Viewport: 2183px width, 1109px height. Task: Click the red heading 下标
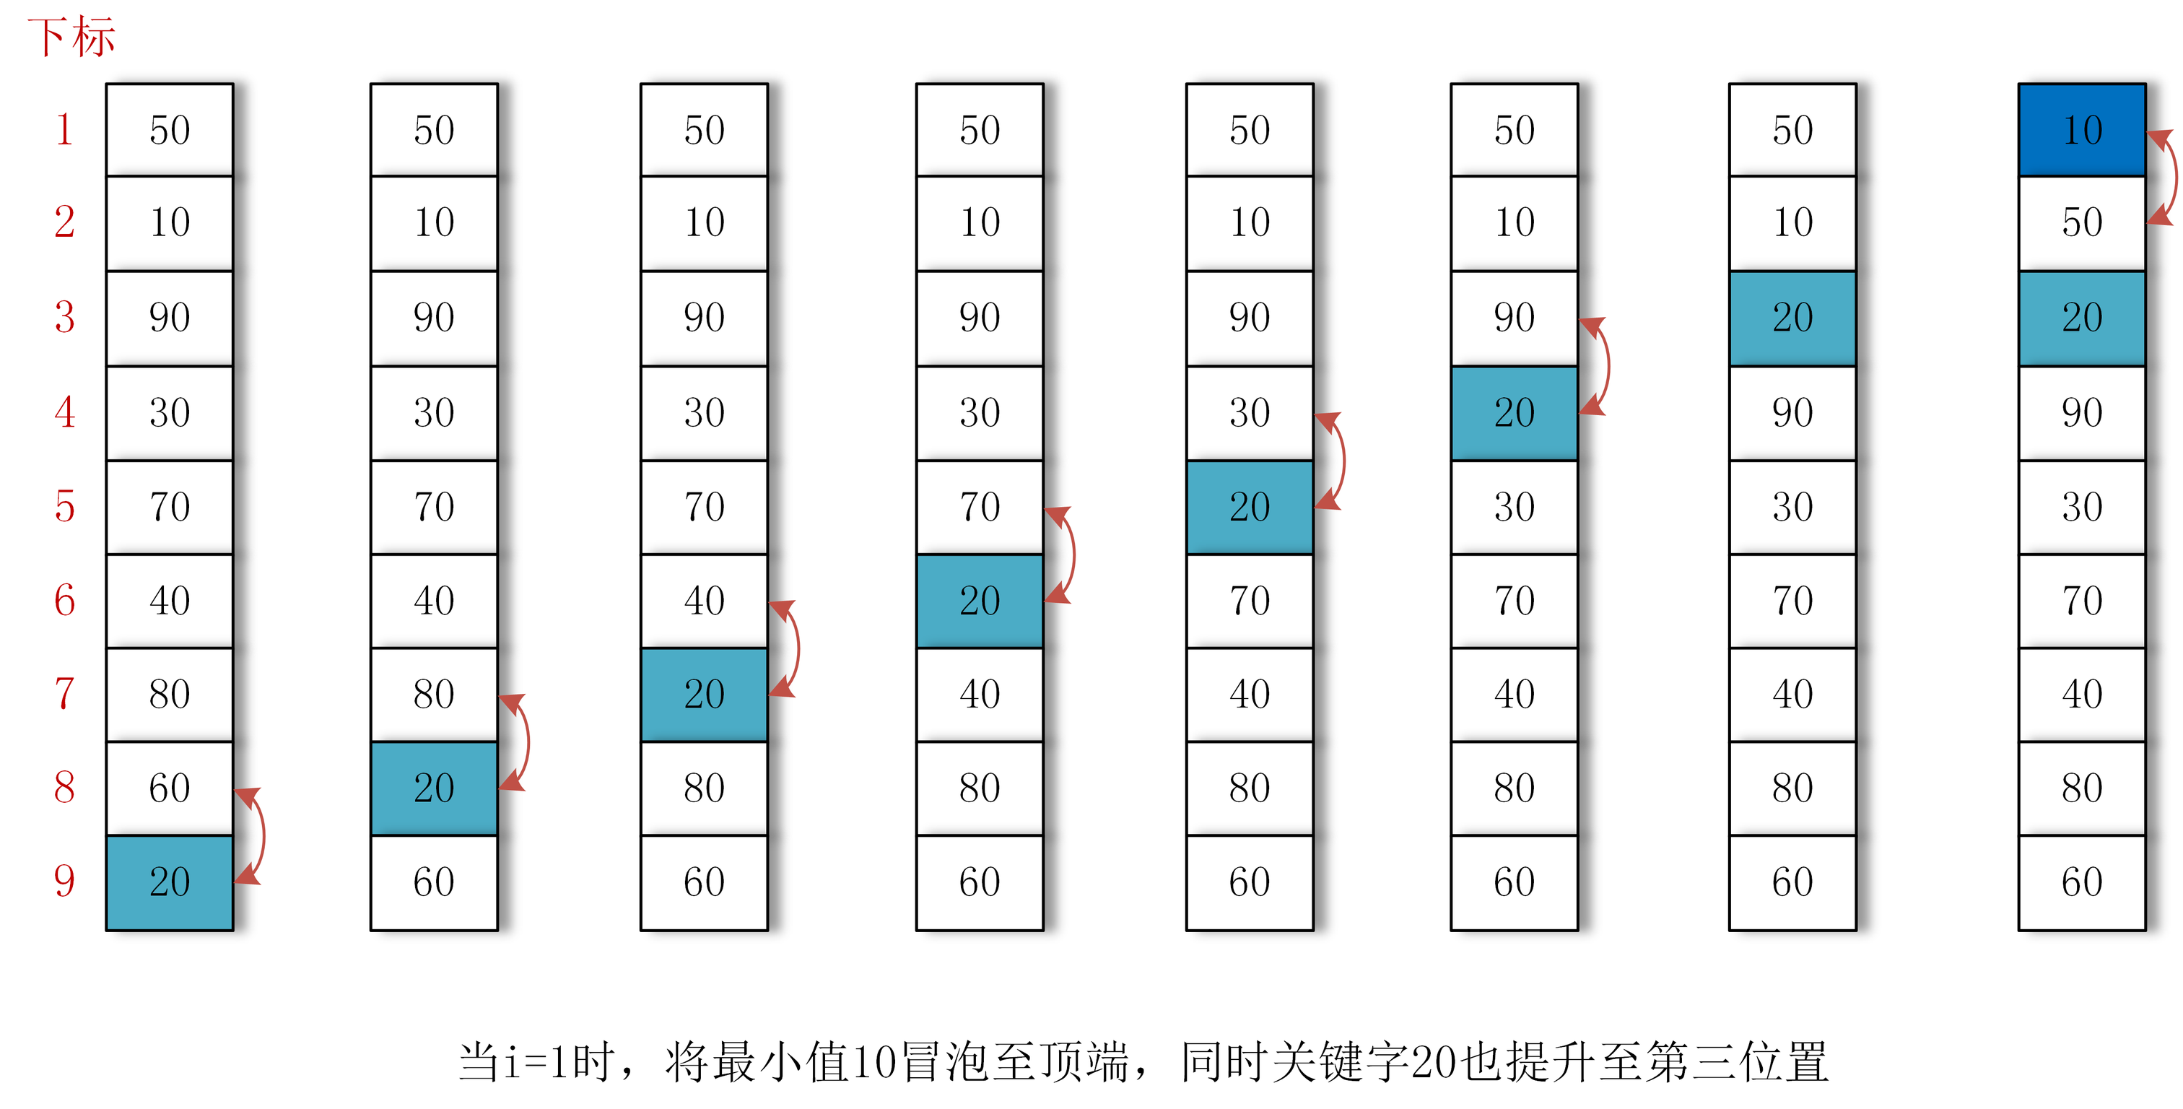[71, 38]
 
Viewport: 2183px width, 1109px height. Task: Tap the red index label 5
[64, 506]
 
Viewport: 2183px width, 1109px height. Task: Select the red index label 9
[64, 881]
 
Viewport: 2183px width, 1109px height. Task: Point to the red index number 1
[64, 130]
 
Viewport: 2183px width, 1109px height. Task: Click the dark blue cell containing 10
[2081, 130]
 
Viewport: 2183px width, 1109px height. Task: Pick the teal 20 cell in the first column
[170, 882]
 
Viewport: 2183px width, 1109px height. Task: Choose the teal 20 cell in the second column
[434, 788]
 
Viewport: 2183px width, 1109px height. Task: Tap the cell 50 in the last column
[2081, 222]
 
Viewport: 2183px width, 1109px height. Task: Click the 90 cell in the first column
[170, 317]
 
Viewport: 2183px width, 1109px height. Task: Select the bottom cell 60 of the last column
[2081, 882]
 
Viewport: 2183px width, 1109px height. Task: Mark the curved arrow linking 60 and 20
[260, 835]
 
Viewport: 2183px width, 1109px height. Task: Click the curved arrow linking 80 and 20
[526, 742]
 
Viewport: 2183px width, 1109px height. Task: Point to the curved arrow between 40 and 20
[795, 648]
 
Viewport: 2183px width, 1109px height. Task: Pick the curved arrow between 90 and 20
[1605, 365]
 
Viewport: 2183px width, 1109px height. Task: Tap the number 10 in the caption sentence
[873, 1061]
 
